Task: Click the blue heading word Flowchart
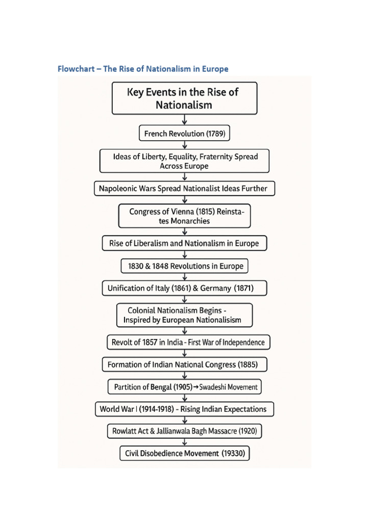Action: pyautogui.click(x=76, y=69)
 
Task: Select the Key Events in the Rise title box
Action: pyautogui.click(x=184, y=98)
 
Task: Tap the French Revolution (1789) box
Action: pyautogui.click(x=184, y=134)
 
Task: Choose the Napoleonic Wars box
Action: pyautogui.click(x=184, y=189)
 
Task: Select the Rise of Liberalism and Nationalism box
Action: pyautogui.click(x=184, y=244)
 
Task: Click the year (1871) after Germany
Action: pyautogui.click(x=243, y=289)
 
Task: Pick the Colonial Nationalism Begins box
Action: pyautogui.click(x=184, y=315)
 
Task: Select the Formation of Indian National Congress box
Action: pyautogui.click(x=184, y=365)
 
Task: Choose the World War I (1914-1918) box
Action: pyautogui.click(x=184, y=409)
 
